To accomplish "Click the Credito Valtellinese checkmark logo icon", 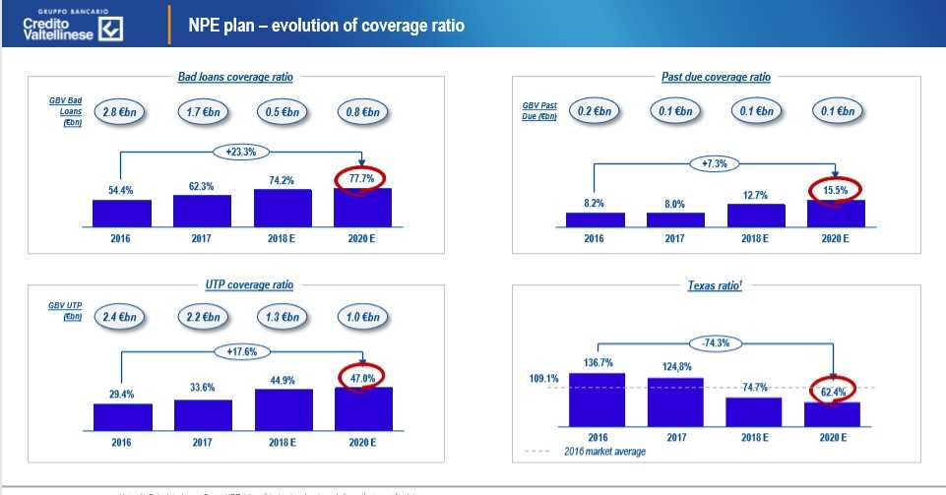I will tap(111, 31).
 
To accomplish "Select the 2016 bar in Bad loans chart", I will tap(121, 213).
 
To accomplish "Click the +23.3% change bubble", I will tap(241, 152).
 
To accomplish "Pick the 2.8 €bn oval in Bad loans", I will tap(120, 112).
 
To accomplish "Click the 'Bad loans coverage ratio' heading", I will tap(235, 77).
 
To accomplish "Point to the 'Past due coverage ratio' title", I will tap(716, 77).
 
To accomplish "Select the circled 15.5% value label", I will tap(835, 189).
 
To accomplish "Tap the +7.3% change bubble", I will tap(715, 163).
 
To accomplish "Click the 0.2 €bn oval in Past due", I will tap(596, 111).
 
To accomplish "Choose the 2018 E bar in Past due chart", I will tap(755, 216).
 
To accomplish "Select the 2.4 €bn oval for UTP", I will tap(120, 317).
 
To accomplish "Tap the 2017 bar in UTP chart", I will tap(202, 414).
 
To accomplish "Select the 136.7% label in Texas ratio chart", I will tap(597, 362).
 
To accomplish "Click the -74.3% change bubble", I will tap(716, 342).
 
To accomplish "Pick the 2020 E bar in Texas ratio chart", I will tap(832, 414).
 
